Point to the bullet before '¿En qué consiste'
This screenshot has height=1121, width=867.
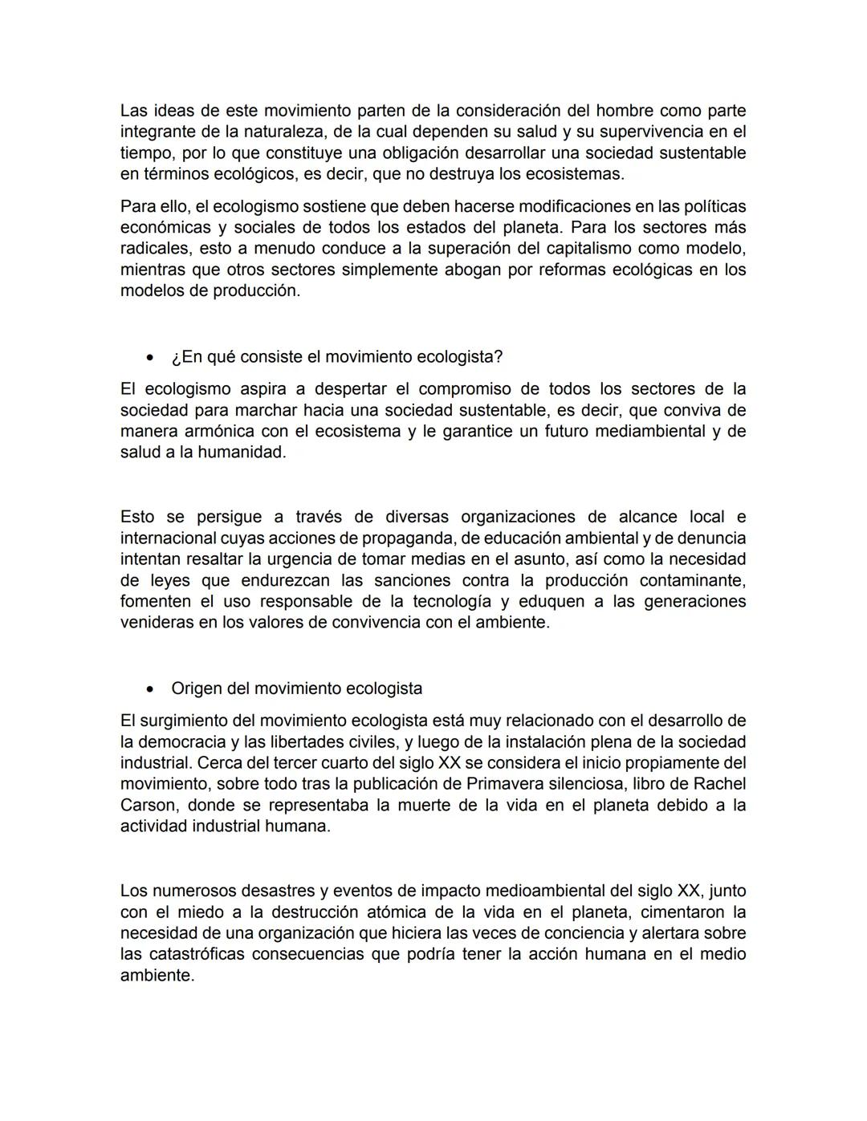[149, 357]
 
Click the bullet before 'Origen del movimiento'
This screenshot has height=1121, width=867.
[149, 689]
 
